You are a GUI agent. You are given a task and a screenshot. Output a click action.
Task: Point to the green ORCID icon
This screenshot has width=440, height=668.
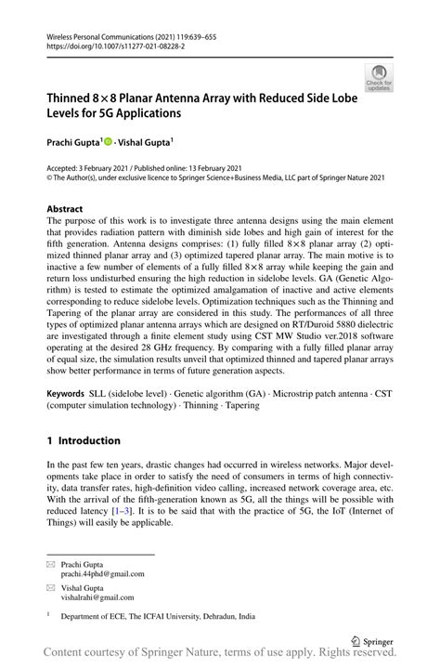108,142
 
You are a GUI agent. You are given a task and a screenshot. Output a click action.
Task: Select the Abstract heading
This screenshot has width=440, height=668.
65,209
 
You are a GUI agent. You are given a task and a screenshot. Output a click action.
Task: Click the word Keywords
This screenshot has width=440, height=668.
67,394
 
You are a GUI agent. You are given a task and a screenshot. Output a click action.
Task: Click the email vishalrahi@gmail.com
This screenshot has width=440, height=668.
97,597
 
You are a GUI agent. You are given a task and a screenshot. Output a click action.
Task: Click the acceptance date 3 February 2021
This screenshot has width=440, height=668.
102,167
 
